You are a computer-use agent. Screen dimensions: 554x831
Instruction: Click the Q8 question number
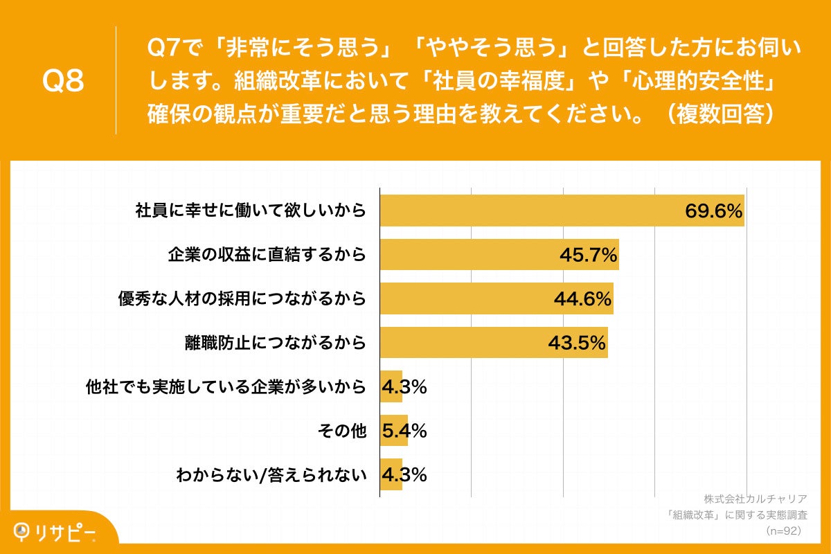click(63, 81)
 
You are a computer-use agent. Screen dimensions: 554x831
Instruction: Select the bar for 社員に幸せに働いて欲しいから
click(526, 211)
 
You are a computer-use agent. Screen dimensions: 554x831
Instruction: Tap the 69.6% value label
click(714, 211)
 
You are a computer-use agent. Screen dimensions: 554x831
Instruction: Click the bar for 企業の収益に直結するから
click(471, 254)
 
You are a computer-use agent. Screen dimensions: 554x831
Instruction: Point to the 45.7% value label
click(588, 256)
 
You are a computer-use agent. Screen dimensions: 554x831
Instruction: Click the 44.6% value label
click(582, 299)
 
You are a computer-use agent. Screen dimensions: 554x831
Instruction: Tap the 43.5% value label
click(578, 343)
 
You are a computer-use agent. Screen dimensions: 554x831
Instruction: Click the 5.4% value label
click(404, 431)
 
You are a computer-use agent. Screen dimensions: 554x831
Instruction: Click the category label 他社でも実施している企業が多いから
click(225, 387)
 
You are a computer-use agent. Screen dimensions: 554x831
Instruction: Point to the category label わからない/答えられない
click(270, 475)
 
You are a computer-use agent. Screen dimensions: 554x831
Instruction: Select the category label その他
click(341, 431)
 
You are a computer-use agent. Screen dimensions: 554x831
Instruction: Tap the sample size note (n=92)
click(783, 530)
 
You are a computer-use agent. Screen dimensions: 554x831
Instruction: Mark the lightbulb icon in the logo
click(23, 530)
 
